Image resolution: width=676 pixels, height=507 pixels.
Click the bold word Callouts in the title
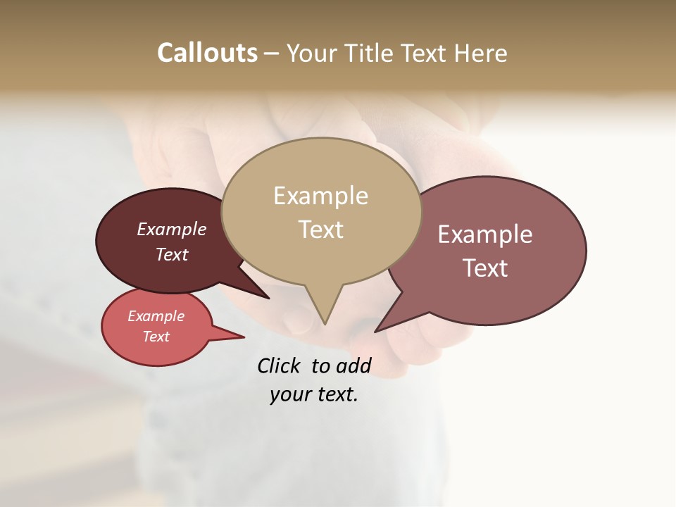(x=207, y=53)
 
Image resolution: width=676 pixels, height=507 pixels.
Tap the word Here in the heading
(x=480, y=53)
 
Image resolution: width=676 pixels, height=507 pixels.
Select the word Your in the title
(x=311, y=53)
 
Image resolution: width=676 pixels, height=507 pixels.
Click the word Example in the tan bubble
(x=320, y=196)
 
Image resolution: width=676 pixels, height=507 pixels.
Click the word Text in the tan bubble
(x=320, y=230)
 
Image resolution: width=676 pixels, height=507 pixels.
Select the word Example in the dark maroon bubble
(x=172, y=229)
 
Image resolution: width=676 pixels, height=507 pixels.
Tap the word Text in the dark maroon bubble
(x=172, y=254)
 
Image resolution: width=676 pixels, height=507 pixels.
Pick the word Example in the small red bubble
(x=156, y=316)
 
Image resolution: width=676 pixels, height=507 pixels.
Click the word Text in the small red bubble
(x=156, y=337)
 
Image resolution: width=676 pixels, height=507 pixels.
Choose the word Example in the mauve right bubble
(x=485, y=234)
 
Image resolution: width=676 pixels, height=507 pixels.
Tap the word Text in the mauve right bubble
(x=485, y=268)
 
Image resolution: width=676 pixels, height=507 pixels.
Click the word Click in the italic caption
(x=278, y=365)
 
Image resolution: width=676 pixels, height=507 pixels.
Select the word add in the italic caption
(x=353, y=365)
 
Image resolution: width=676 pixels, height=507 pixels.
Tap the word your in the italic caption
(x=289, y=394)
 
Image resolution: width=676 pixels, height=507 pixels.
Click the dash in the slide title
(x=272, y=53)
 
